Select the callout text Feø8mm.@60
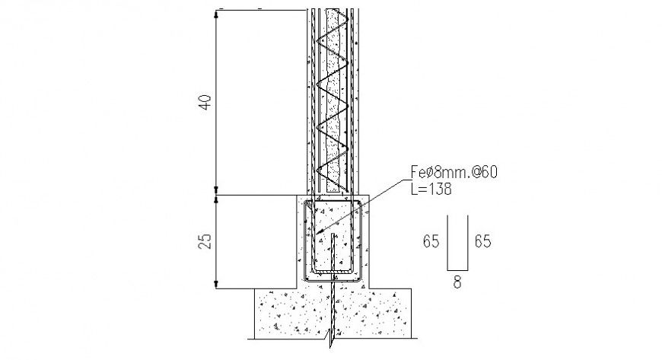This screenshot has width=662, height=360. click(x=454, y=174)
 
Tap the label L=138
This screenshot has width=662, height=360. click(x=431, y=189)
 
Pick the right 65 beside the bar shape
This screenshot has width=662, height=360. click(x=482, y=241)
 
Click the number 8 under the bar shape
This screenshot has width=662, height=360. click(x=457, y=281)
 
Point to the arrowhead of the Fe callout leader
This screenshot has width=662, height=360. click(x=320, y=232)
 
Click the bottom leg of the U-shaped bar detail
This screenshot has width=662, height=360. click(x=457, y=268)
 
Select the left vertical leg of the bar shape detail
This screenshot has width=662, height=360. click(x=447, y=242)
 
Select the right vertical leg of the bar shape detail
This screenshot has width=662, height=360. click(x=468, y=242)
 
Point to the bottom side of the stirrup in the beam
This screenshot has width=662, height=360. click(x=332, y=271)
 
